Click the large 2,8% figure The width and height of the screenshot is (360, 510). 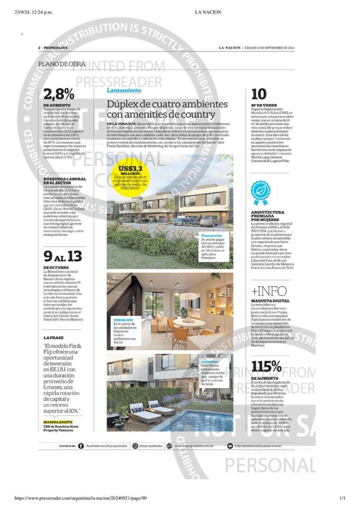[x=59, y=95]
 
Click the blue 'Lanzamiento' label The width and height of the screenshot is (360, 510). [x=124, y=91]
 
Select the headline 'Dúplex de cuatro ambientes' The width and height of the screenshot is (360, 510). [x=167, y=105]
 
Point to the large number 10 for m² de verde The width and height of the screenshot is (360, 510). [x=258, y=94]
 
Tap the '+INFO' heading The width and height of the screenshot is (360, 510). [x=269, y=291]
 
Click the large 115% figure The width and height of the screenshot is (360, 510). [x=266, y=367]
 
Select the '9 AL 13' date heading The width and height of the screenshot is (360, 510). [x=62, y=257]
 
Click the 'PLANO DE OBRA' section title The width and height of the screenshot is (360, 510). [x=62, y=64]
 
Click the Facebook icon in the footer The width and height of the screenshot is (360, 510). [x=82, y=446]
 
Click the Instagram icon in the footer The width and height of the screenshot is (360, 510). [x=135, y=446]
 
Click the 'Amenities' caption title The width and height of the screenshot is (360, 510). [x=210, y=361]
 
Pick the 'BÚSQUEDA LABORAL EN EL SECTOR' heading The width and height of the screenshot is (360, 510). [x=64, y=181]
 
